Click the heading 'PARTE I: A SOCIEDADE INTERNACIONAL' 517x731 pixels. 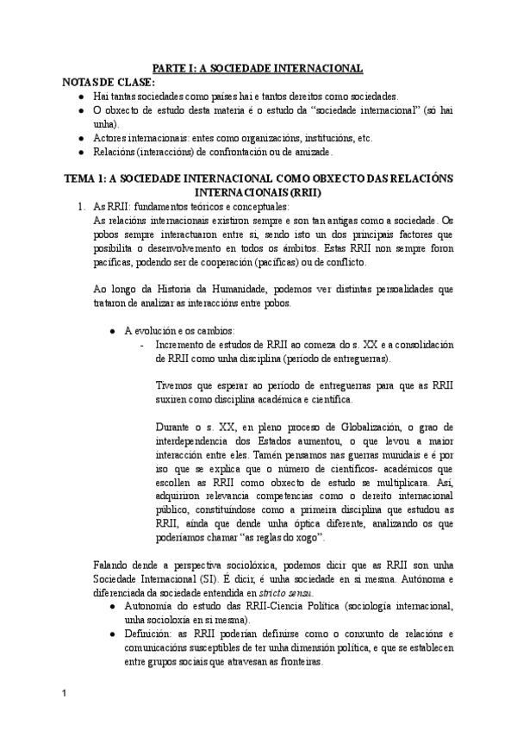point(258,67)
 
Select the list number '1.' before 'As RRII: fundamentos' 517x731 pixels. point(81,206)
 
